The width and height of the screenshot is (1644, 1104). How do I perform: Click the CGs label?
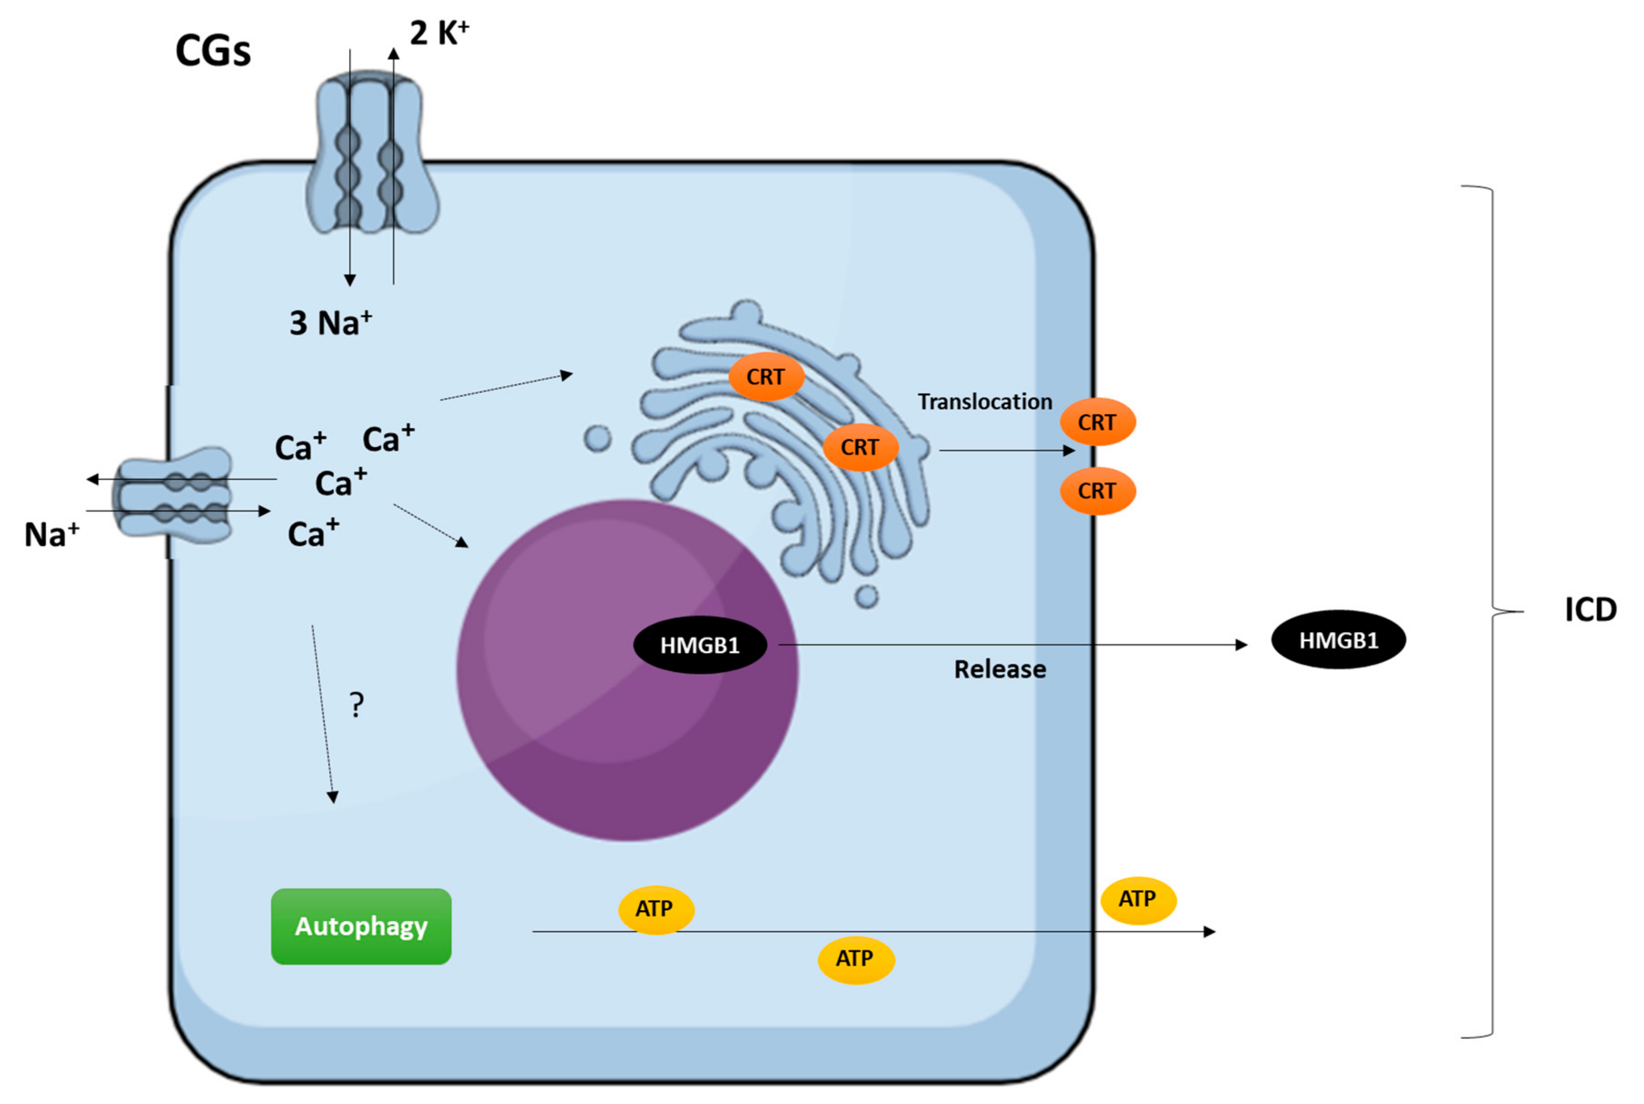[213, 51]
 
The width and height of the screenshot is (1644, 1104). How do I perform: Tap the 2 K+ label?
[438, 33]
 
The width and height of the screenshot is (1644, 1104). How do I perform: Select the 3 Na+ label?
[329, 323]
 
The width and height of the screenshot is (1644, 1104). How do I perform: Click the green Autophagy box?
[361, 926]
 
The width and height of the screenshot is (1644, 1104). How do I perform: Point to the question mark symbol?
[357, 705]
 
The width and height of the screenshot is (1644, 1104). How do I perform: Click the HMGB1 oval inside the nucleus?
[700, 645]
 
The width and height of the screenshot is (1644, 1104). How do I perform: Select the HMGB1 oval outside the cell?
[1338, 639]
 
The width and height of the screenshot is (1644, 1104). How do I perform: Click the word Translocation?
[984, 401]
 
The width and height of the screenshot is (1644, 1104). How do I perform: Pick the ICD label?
[1590, 610]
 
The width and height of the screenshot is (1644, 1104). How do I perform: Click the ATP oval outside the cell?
[1138, 899]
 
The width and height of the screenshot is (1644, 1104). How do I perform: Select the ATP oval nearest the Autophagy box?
[656, 909]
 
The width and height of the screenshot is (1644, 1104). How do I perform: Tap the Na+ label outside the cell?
[51, 535]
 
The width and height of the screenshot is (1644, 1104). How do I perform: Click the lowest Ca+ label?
[313, 534]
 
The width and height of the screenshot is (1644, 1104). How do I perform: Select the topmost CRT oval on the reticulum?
[765, 376]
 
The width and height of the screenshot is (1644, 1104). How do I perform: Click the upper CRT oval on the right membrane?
[1097, 422]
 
